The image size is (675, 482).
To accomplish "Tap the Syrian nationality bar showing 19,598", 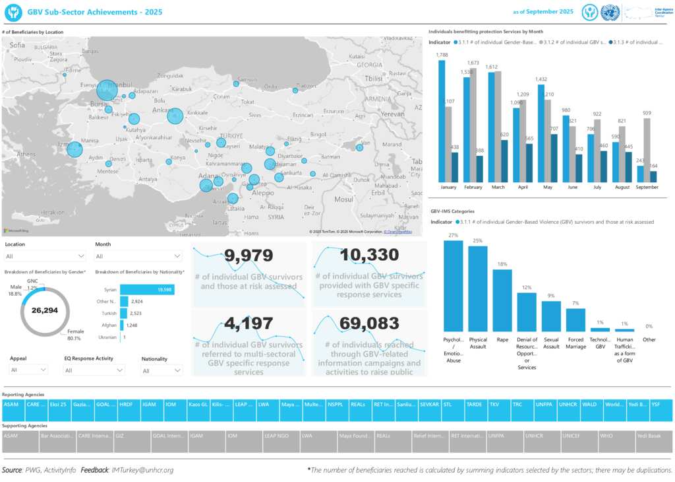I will click(x=146, y=289).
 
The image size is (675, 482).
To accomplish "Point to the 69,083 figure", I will click(x=369, y=324).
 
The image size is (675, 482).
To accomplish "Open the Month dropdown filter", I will click(x=138, y=256).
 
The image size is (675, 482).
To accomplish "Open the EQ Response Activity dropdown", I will click(x=94, y=371).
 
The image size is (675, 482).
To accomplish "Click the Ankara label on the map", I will click(x=161, y=110).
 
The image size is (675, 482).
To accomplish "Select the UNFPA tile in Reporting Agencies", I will click(x=544, y=405).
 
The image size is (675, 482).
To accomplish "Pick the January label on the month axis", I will click(x=448, y=188).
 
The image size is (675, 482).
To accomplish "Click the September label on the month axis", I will click(x=647, y=188).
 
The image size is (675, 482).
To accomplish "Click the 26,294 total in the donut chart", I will click(x=46, y=310).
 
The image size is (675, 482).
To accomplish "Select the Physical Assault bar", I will click(x=478, y=289).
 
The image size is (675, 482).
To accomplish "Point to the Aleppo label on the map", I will click(x=262, y=193).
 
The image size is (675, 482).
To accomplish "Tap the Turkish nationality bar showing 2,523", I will click(x=123, y=313).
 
